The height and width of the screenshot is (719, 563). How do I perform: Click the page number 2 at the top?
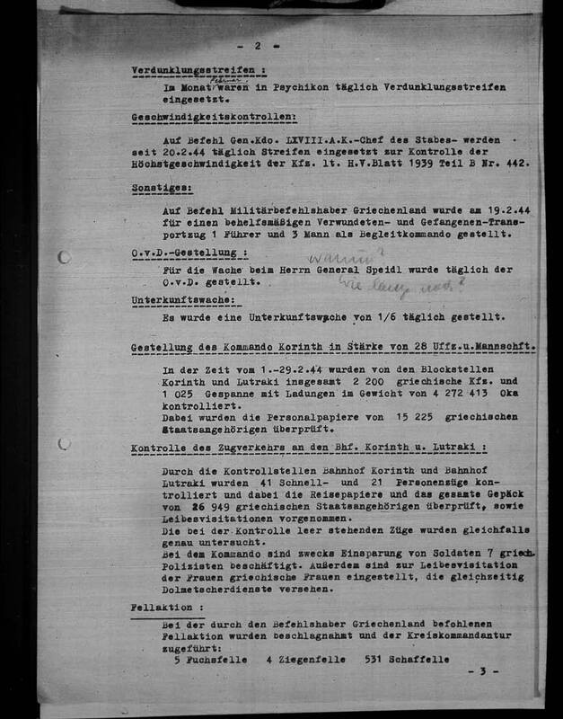click(x=257, y=44)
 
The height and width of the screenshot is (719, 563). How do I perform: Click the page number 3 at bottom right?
click(x=481, y=671)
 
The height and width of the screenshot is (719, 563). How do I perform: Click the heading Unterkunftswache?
click(x=182, y=298)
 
